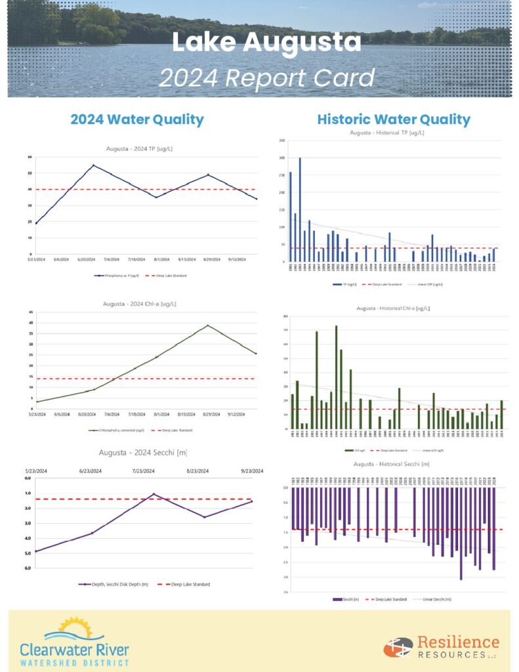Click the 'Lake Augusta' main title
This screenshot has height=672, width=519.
(x=266, y=43)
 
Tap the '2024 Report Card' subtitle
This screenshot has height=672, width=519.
(x=266, y=78)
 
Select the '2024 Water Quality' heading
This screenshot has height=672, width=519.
(x=137, y=119)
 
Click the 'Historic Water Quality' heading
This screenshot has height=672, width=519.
(x=394, y=119)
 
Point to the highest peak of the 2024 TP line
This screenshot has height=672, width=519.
(x=93, y=165)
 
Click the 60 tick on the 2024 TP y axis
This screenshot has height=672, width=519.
(x=30, y=157)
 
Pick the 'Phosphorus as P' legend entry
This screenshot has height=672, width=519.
(x=117, y=276)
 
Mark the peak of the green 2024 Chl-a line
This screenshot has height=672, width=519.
(x=208, y=325)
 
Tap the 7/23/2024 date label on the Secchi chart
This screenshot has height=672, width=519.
(x=144, y=471)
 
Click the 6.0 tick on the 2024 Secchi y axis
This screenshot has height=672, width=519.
(x=28, y=568)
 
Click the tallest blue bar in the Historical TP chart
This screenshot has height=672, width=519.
(x=300, y=210)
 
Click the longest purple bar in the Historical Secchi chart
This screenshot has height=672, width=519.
(x=461, y=534)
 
